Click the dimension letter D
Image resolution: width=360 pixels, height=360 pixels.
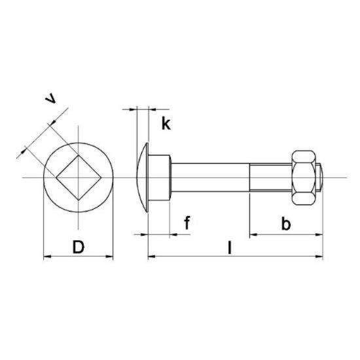pyautogui.click(x=79, y=247)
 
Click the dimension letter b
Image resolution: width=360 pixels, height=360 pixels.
pyautogui.click(x=285, y=224)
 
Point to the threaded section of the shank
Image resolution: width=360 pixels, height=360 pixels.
pyautogui.click(x=270, y=177)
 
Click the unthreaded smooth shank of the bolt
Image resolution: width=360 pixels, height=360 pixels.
pyautogui.click(x=209, y=177)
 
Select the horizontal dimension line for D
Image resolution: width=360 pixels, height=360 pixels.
pyautogui.click(x=78, y=258)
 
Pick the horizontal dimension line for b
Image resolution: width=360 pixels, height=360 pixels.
pyautogui.click(x=285, y=234)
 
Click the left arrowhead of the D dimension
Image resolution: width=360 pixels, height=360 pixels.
pyautogui.click(x=46, y=258)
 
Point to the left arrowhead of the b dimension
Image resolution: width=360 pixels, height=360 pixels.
pyautogui.click(x=253, y=234)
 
